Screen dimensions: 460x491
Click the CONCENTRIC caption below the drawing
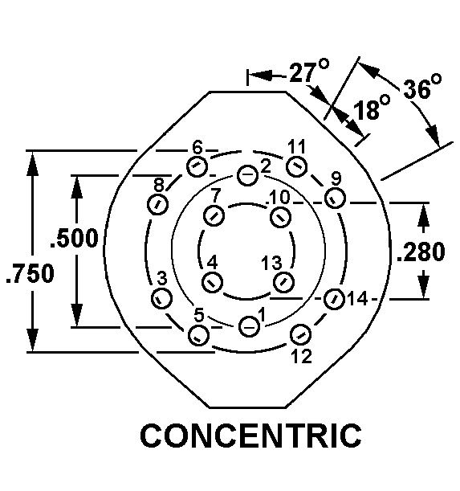[x=250, y=436]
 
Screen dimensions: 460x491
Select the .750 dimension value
[x=31, y=273]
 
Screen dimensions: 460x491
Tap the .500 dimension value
[x=75, y=239]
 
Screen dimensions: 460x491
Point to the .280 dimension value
[x=421, y=252]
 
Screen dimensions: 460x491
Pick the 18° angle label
[x=372, y=108]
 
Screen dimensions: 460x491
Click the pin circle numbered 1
[x=249, y=327]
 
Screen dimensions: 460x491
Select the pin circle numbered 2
[x=247, y=175]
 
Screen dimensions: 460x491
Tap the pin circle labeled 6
[x=197, y=166]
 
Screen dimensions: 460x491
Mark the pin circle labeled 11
[x=297, y=166]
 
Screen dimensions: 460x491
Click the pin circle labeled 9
[x=335, y=198]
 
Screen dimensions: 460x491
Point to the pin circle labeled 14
[x=334, y=300]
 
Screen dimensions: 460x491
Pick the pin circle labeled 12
[x=300, y=335]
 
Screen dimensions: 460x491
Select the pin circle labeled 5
[x=198, y=335]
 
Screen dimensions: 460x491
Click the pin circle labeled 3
[x=161, y=299]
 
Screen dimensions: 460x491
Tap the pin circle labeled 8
[x=157, y=204]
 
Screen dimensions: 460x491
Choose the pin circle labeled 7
[x=214, y=215]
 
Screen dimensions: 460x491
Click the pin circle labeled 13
[x=284, y=282]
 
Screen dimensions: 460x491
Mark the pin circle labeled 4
[x=213, y=282]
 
